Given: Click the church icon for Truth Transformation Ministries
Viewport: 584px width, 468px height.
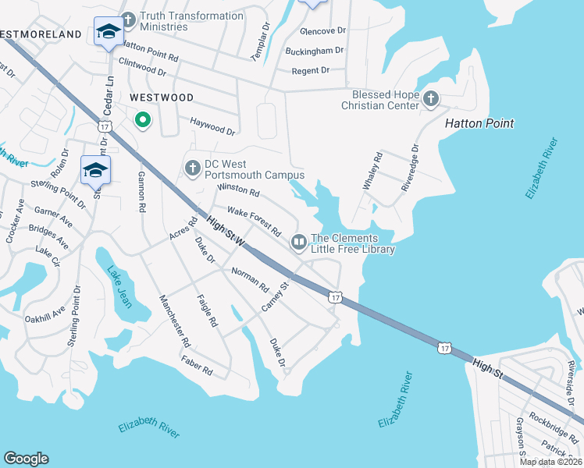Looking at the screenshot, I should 127,16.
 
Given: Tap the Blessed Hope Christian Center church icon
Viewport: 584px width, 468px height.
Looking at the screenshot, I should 430,99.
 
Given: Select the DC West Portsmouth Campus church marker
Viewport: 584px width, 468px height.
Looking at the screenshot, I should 193,168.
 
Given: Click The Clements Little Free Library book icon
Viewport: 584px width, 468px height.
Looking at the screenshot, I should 298,243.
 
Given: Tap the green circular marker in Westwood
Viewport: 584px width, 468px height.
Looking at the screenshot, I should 142,120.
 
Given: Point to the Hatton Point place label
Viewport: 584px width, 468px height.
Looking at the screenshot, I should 479,123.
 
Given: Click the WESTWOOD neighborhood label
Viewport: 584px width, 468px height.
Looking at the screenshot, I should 161,97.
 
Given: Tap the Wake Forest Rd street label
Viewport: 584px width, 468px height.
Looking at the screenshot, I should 254,222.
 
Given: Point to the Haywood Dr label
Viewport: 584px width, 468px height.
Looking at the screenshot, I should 212,126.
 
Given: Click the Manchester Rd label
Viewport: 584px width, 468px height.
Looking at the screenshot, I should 174,321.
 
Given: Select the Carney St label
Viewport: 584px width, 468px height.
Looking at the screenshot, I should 276,297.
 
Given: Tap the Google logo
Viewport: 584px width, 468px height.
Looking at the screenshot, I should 27,458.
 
